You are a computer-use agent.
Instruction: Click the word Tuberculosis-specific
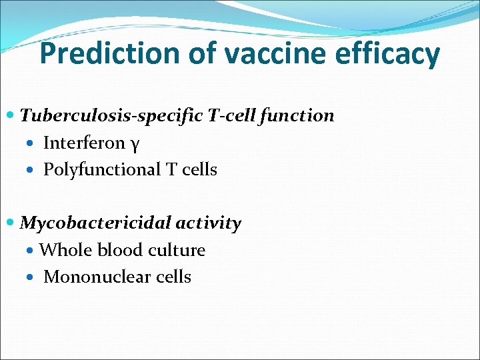point(109,116)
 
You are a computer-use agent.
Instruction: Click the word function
point(297,115)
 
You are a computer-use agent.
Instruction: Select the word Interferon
point(84,143)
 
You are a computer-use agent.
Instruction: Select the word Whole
point(66,250)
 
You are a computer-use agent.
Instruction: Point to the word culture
point(177,250)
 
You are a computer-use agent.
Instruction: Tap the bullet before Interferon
point(33,143)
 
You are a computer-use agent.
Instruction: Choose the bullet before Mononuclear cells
point(33,277)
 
